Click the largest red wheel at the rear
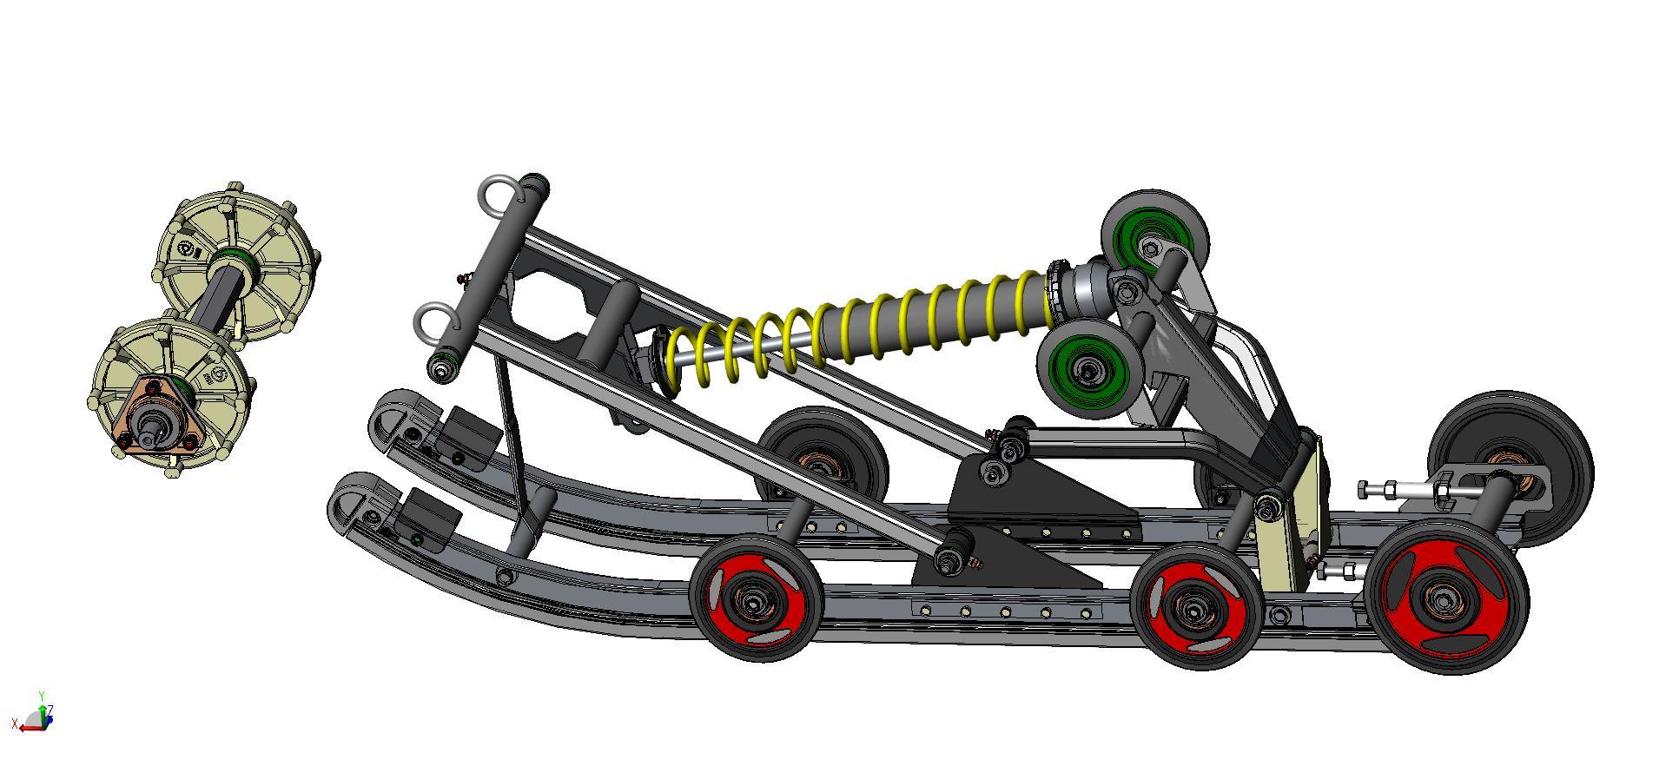pyautogui.click(x=1445, y=598)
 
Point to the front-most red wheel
pyautogui.click(x=757, y=598)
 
